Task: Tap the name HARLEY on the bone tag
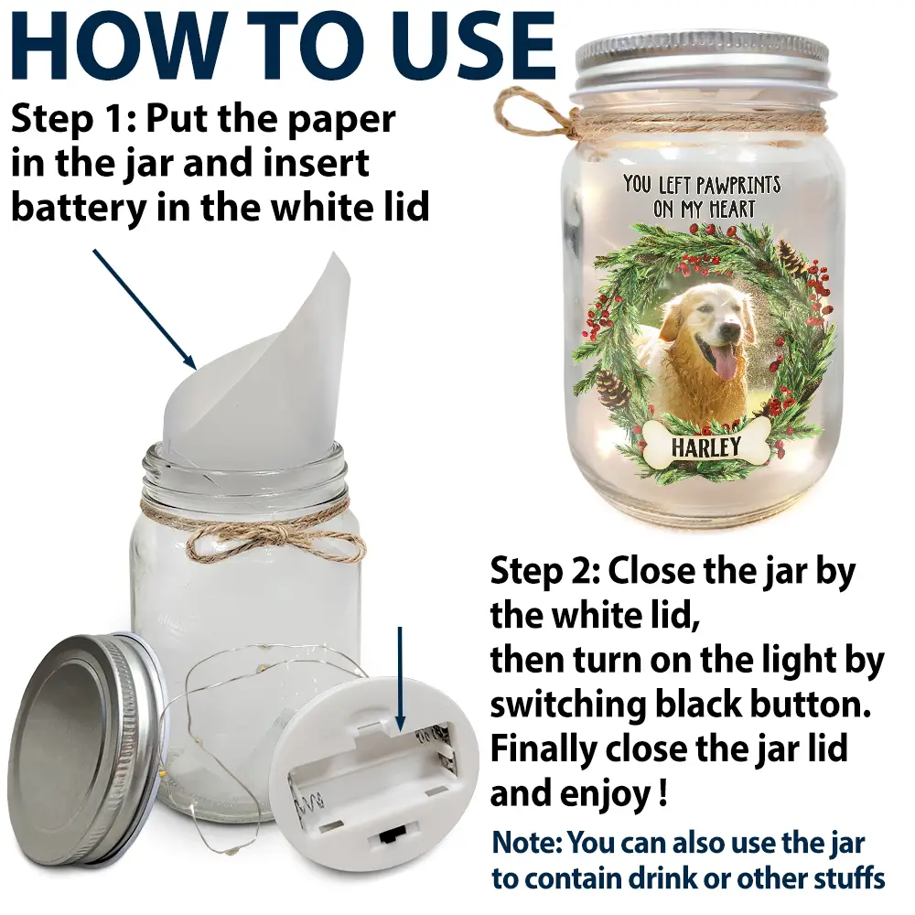tap(705, 447)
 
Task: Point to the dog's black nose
tap(738, 319)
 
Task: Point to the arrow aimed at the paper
tap(145, 309)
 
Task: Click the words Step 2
tap(545, 571)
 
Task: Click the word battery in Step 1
tap(79, 208)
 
